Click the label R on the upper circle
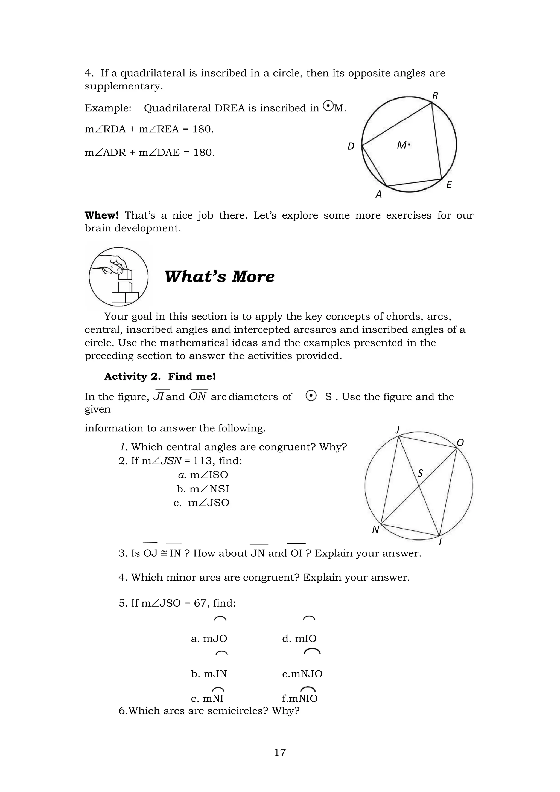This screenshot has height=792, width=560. pyautogui.click(x=435, y=96)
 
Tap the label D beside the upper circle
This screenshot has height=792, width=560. pyautogui.click(x=351, y=146)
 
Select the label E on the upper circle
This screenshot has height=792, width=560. pyautogui.click(x=449, y=185)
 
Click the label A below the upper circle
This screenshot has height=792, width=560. pyautogui.click(x=379, y=195)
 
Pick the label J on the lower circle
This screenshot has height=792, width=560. pyautogui.click(x=398, y=430)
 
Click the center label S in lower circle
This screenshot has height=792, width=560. pyautogui.click(x=420, y=473)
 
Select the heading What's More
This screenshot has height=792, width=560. pyautogui.click(x=219, y=277)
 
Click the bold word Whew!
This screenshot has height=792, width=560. pyautogui.click(x=102, y=215)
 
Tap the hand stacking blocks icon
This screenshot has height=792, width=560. pyautogui.click(x=119, y=277)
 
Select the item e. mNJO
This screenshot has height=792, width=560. pyautogui.click(x=302, y=674)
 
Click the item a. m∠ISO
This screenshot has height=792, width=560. pyautogui.click(x=203, y=475)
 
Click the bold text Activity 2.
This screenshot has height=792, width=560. pyautogui.click(x=132, y=376)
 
